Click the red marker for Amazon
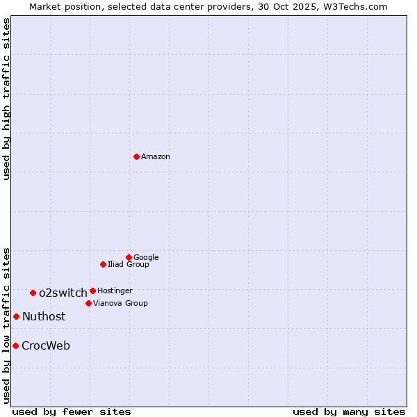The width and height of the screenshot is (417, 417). click(136, 156)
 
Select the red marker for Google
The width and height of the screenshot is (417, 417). click(129, 257)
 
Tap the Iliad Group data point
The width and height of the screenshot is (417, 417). click(103, 264)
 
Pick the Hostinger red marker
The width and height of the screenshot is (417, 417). click(92, 291)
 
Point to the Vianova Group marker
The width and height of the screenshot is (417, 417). click(88, 303)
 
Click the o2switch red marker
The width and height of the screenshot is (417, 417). click(33, 293)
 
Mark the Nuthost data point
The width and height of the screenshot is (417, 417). click(16, 316)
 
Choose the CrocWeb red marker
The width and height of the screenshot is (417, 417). click(15, 345)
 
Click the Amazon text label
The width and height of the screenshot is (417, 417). click(156, 157)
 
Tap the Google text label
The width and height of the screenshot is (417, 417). click(146, 258)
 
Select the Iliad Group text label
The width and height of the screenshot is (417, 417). click(129, 265)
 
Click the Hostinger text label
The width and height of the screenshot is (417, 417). click(115, 291)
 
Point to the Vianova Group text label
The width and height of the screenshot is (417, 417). click(120, 304)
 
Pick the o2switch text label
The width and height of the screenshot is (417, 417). click(63, 293)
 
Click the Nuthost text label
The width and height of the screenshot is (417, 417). click(44, 317)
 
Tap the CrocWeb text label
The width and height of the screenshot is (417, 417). click(46, 346)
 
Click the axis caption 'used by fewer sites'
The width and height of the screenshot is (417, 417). click(72, 411)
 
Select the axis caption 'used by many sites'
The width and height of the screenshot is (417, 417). click(349, 411)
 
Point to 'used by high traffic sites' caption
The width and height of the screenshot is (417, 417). click(6, 99)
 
